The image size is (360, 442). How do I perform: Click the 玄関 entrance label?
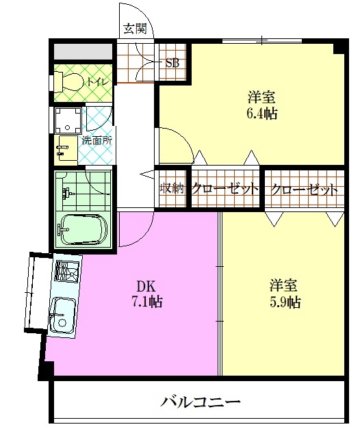pyautogui.click(x=136, y=29)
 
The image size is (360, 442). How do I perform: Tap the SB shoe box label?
pyautogui.click(x=172, y=63)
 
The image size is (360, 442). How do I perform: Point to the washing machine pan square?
pyautogui.click(x=68, y=120)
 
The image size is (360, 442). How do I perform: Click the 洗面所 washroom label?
pyautogui.click(x=97, y=140)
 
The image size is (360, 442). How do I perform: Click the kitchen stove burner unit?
pyautogui.click(x=68, y=271)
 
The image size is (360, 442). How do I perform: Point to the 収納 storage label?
pyautogui.click(x=172, y=188)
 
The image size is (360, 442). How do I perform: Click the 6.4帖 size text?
pyautogui.click(x=262, y=114)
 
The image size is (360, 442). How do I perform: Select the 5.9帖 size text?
pyautogui.click(x=285, y=302)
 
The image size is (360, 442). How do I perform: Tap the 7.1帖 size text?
pyautogui.click(x=147, y=302)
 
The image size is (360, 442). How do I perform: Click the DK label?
pyautogui.click(x=146, y=287)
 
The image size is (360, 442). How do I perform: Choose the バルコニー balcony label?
pyautogui.click(x=200, y=402)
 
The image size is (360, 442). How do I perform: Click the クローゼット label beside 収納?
pyautogui.click(x=225, y=188)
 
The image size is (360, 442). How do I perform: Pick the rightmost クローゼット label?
pyautogui.click(x=304, y=190)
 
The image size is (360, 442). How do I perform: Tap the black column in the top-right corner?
pyautogui.click(x=340, y=47)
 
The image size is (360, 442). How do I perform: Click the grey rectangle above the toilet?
pyautogui.click(x=83, y=51)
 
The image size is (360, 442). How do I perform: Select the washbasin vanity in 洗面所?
pyautogui.click(x=66, y=148)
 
